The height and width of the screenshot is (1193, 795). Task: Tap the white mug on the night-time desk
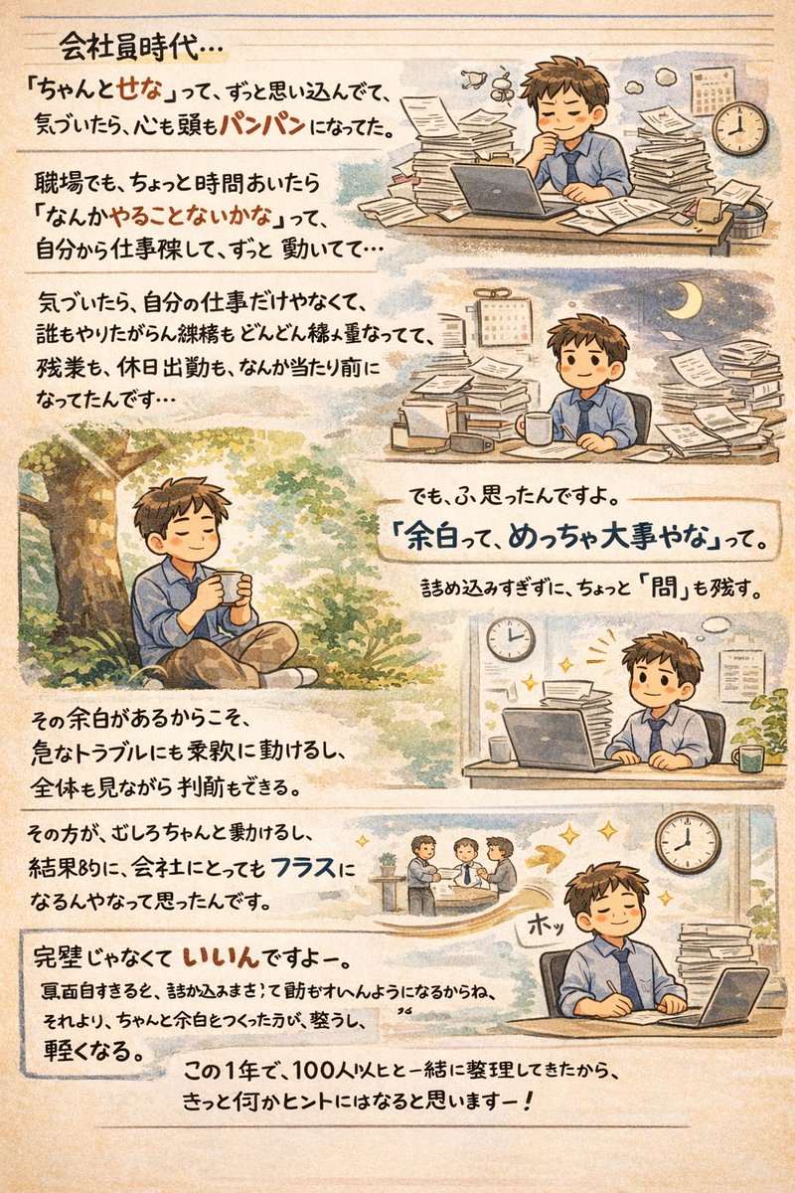[x=538, y=427]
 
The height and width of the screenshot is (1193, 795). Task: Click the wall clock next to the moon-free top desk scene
[x=740, y=126]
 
